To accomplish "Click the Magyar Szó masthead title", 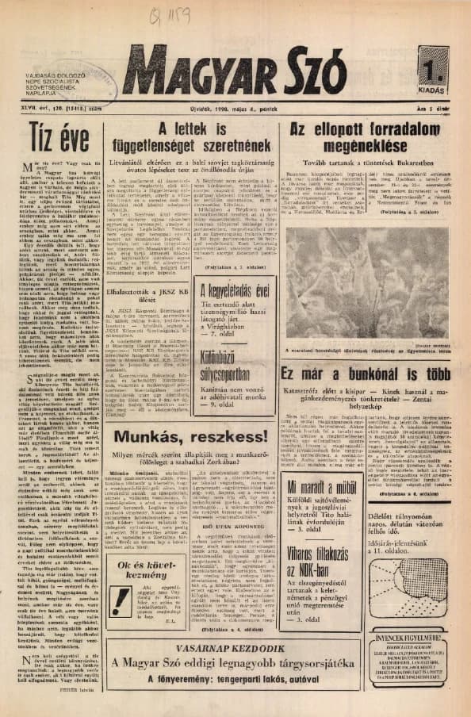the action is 234,70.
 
